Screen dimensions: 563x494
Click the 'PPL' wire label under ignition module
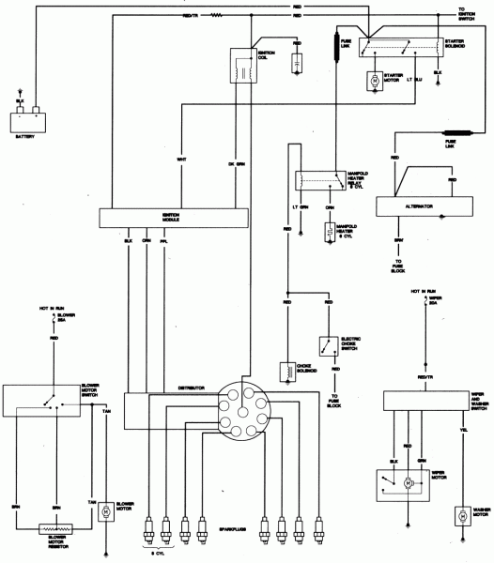[x=165, y=240]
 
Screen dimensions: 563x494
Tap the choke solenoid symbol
[x=288, y=370]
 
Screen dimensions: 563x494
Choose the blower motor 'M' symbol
[x=106, y=510]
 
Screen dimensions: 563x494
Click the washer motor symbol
[x=461, y=515]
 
